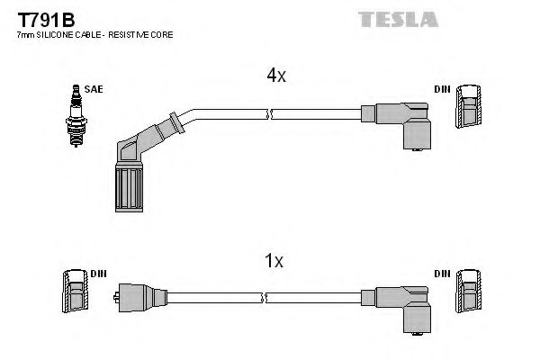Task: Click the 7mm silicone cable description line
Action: (94, 34)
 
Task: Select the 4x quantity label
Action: (275, 76)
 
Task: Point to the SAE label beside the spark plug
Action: (94, 88)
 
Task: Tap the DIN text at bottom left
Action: (99, 273)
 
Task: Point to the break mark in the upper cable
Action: (269, 113)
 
